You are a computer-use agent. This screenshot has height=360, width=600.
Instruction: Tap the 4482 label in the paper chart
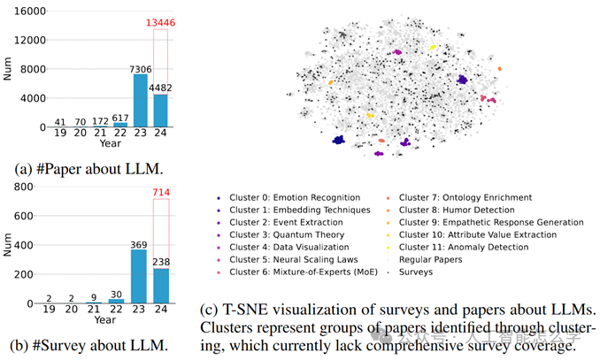click(159, 87)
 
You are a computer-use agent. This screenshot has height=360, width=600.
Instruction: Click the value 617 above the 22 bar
click(119, 116)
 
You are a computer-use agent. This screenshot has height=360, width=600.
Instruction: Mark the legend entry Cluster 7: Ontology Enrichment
click(465, 197)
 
